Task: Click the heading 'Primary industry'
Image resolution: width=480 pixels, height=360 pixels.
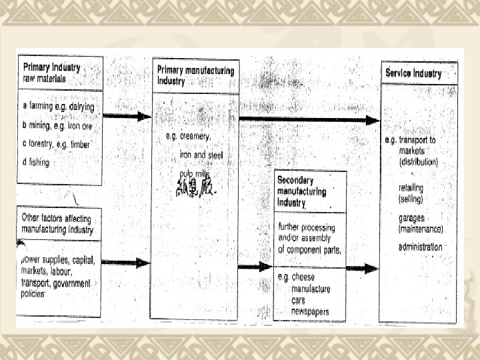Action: [52, 67]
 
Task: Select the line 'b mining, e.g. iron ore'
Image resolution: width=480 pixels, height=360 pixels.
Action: [57, 125]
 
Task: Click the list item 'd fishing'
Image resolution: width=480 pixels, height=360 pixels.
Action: [36, 162]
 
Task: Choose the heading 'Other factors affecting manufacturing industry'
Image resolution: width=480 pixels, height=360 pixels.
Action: [58, 225]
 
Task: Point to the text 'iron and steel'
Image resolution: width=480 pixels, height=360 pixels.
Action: [201, 155]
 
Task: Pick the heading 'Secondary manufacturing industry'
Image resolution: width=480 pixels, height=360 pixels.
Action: [302, 191]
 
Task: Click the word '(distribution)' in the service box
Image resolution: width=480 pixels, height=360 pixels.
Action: [419, 162]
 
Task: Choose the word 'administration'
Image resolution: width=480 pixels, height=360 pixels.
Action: [421, 247]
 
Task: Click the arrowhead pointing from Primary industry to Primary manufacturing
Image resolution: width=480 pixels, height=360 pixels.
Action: [145, 116]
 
